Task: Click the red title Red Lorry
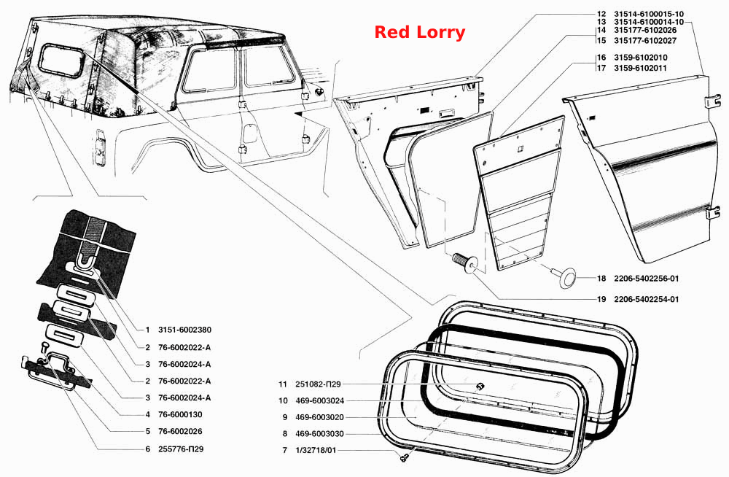[x=419, y=32]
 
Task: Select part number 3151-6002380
[x=184, y=330]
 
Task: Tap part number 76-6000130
[x=180, y=414]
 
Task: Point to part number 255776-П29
[x=180, y=449]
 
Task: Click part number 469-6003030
[x=319, y=434]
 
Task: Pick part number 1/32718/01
[x=316, y=451]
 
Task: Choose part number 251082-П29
[x=318, y=384]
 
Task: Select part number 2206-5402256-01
[x=646, y=279]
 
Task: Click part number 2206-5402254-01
[x=646, y=299]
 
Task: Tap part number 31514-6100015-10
[x=649, y=15]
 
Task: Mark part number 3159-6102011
[x=640, y=68]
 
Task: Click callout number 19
[x=601, y=299]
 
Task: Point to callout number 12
[x=601, y=15]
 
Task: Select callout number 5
[x=147, y=431]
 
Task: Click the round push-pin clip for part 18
[x=566, y=278]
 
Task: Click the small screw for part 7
[x=403, y=457]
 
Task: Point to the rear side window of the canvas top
[x=61, y=60]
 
